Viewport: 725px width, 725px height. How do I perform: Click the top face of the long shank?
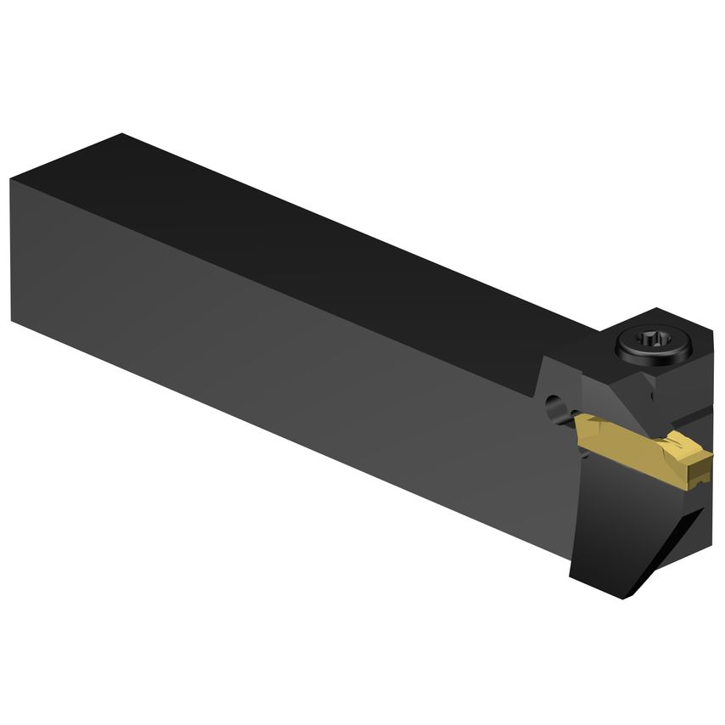pyautogui.click(x=340, y=238)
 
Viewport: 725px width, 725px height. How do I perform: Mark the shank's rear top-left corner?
pyautogui.click(x=12, y=180)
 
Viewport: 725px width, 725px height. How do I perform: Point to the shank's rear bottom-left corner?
pyautogui.click(x=14, y=320)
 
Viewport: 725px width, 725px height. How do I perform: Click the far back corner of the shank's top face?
pyautogui.click(x=123, y=134)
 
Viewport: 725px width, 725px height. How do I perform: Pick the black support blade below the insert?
pyautogui.click(x=628, y=526)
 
